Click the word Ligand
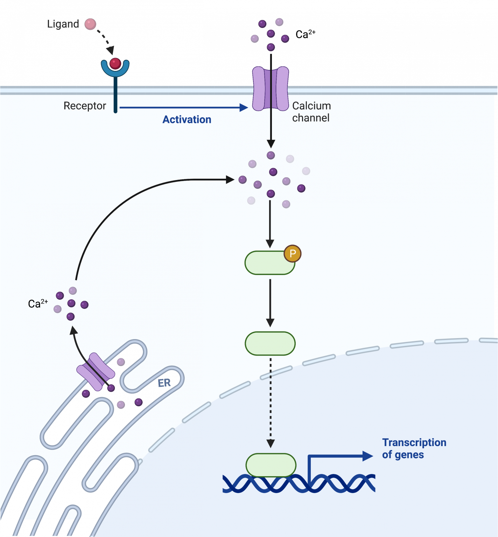click(63, 24)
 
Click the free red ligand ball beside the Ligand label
click(90, 24)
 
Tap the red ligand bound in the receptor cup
click(115, 64)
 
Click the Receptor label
click(85, 106)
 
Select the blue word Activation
click(187, 120)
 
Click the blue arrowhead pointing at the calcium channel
click(244, 108)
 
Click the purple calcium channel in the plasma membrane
click(271, 89)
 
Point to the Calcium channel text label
click(311, 112)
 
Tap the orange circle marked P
click(293, 253)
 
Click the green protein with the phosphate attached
click(268, 263)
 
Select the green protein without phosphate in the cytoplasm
click(270, 343)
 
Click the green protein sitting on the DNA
click(271, 465)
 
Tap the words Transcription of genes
click(414, 449)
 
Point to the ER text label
click(164, 383)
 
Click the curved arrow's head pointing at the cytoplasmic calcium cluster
click(230, 180)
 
